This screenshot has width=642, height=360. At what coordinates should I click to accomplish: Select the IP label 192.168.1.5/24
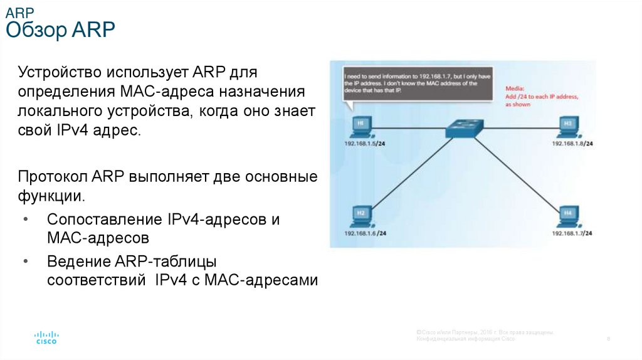[364, 144]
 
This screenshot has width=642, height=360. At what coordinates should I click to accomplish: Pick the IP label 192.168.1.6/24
[364, 233]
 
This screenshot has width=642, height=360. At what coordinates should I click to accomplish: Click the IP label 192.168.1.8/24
[572, 144]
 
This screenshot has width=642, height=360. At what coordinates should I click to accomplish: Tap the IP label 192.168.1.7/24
[572, 233]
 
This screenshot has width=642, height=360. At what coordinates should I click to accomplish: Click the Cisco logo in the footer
[46, 337]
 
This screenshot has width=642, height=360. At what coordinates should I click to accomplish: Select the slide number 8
[609, 339]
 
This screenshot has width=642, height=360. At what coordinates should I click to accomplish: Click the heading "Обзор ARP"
[60, 30]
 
